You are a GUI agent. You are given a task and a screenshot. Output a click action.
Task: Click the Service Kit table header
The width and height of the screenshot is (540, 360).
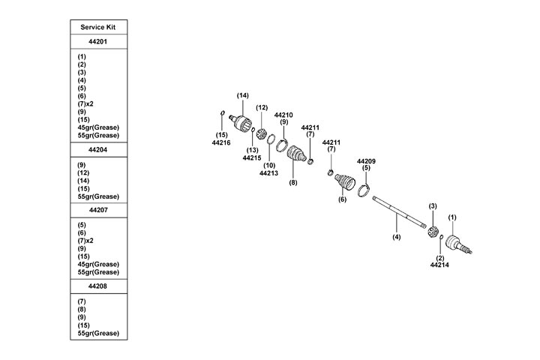[97, 27]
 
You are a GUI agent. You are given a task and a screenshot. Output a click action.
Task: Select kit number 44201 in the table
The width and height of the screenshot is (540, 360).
[97, 42]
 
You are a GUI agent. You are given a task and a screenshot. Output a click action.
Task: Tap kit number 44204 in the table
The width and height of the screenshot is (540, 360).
[97, 148]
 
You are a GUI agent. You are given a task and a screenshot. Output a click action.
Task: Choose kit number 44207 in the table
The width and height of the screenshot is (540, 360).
[97, 211]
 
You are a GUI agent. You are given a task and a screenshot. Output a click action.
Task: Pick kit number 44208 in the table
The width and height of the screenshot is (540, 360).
[97, 286]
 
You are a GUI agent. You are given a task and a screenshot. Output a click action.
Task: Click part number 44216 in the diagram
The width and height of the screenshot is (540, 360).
[221, 142]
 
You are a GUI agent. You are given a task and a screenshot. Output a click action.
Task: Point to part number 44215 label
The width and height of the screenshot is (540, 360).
[252, 157]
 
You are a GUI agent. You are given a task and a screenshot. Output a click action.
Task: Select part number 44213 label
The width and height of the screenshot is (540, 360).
[269, 173]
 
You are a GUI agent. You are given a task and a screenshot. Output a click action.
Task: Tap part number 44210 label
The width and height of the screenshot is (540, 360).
[283, 115]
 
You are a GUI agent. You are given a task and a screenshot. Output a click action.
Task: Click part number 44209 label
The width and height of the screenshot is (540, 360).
[367, 161]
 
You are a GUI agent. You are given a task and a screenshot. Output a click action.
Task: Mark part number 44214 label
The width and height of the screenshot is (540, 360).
[440, 265]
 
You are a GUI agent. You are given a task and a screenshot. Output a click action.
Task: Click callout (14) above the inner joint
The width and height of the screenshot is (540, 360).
[242, 95]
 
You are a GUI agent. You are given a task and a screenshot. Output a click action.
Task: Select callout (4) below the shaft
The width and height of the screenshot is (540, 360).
[397, 236]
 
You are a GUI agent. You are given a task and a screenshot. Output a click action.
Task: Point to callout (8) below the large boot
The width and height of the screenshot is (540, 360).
[293, 182]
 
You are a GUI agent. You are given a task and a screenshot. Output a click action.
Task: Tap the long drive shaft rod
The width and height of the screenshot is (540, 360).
[397, 211]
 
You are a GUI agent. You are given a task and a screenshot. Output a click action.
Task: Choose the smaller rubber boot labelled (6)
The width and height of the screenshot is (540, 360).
[346, 184]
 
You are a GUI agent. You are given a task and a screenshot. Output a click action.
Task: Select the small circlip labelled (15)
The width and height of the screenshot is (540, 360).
[223, 115]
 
